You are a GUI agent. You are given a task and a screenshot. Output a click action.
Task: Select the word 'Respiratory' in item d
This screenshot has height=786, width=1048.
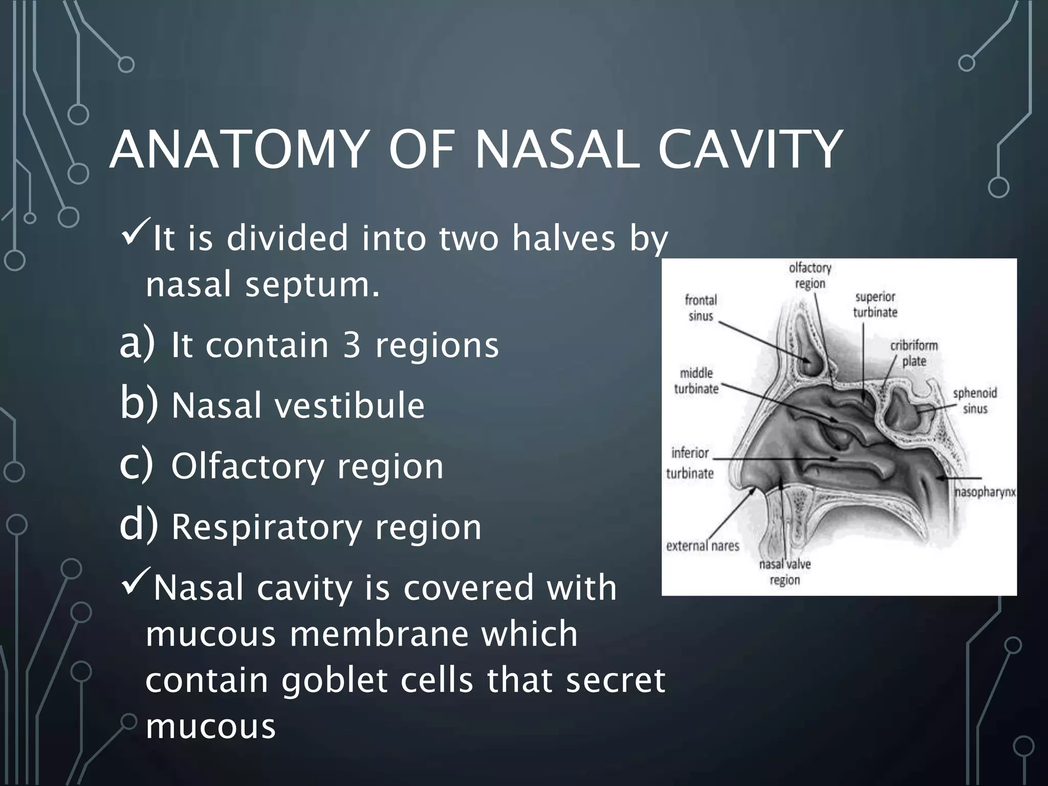point(266,528)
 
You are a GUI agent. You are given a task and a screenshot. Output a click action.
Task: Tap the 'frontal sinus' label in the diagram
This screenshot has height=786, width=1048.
point(701,308)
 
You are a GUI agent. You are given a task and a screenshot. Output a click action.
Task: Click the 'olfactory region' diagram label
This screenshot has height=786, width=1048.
point(810,275)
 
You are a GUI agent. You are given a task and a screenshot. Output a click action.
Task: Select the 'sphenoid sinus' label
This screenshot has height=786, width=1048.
point(974,401)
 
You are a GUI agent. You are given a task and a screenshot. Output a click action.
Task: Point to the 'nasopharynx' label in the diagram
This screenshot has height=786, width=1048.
point(985,493)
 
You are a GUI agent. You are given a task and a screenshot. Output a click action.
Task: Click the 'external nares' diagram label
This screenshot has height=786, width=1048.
point(702,546)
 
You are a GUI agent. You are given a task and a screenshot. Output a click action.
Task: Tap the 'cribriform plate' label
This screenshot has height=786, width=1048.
point(914,353)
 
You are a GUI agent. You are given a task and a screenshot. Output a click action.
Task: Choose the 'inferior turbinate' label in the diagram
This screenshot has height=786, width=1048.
point(690,463)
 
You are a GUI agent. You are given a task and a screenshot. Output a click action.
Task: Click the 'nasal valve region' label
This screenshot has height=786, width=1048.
point(784,572)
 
